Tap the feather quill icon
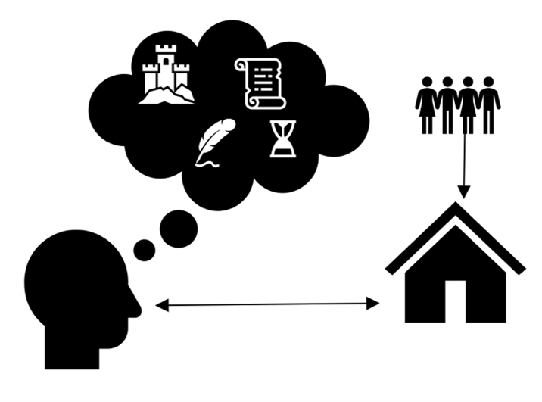pos(214,141)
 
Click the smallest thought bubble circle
pos(145,251)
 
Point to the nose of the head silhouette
pos(136,307)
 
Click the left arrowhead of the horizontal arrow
pos(160,305)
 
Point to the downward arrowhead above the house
pos(464,189)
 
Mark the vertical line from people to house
pos(464,159)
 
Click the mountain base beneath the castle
pos(169,94)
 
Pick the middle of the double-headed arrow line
pos(266,305)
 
